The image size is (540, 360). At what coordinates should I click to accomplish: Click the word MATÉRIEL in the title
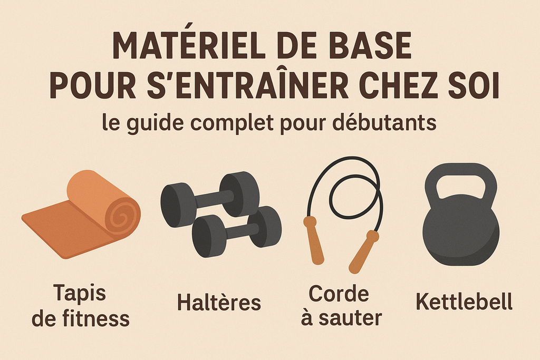pos(189,45)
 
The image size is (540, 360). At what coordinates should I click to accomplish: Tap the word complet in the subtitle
pos(232,123)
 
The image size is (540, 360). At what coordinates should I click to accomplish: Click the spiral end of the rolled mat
pos(122,217)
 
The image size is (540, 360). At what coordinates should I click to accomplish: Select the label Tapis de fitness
pos(81,306)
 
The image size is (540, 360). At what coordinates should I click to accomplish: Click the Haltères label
pos(219,302)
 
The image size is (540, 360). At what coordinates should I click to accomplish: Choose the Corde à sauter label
pos(341,306)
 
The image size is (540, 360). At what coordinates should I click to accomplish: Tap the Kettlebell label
pos(464,301)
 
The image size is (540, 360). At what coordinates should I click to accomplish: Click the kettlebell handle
pos(460,170)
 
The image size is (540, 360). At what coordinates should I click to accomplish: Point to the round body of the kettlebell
pos(461,230)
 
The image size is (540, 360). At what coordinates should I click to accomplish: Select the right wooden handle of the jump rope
pos(363,251)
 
